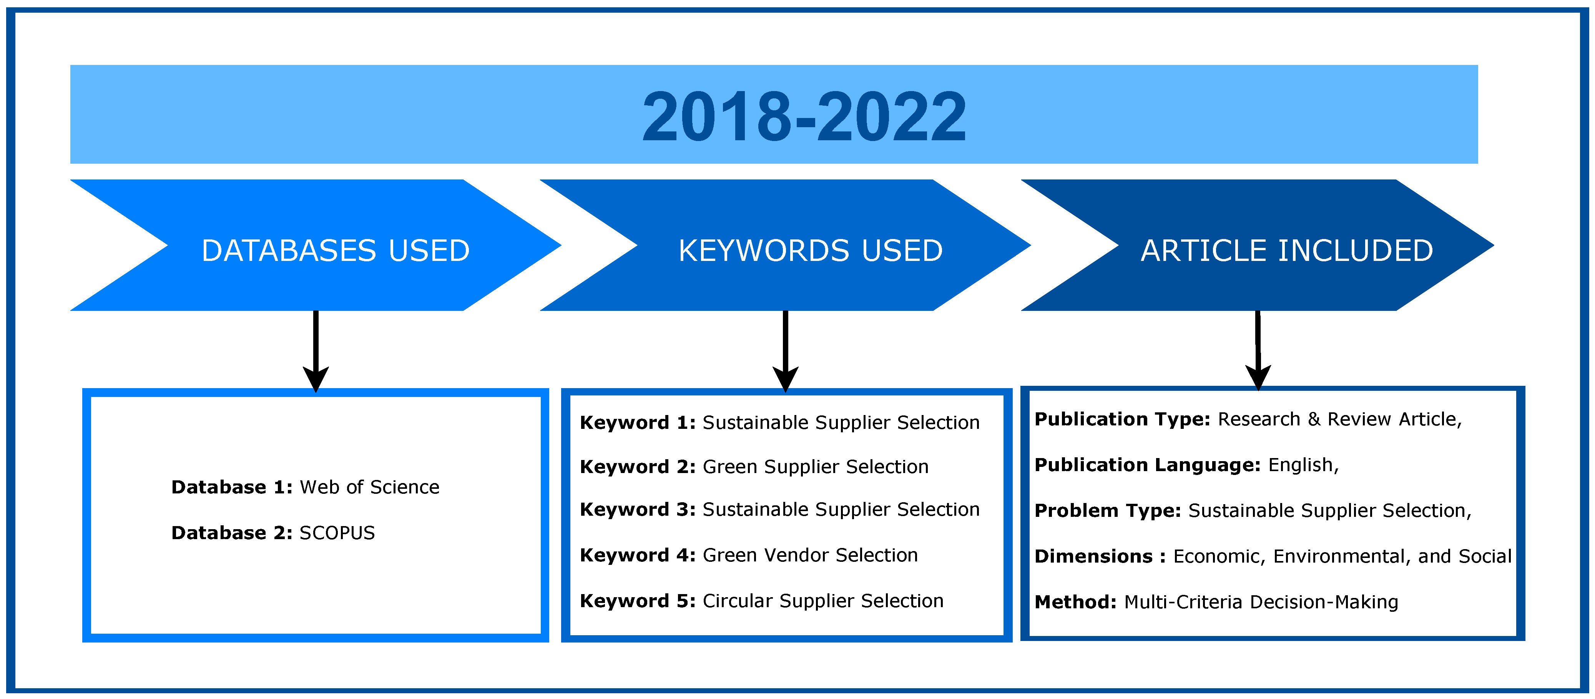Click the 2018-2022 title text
[x=804, y=116]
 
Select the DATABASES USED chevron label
[x=336, y=251]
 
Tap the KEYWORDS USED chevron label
[x=810, y=251]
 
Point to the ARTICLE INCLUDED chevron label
[x=1287, y=251]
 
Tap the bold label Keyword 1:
[x=637, y=423]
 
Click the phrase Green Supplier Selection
[x=816, y=467]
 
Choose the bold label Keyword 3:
[x=637, y=510]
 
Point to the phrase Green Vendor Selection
[x=810, y=555]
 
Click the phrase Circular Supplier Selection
[x=823, y=601]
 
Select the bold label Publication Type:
[x=1122, y=420]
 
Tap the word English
[x=1300, y=465]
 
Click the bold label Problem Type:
[x=1108, y=511]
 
